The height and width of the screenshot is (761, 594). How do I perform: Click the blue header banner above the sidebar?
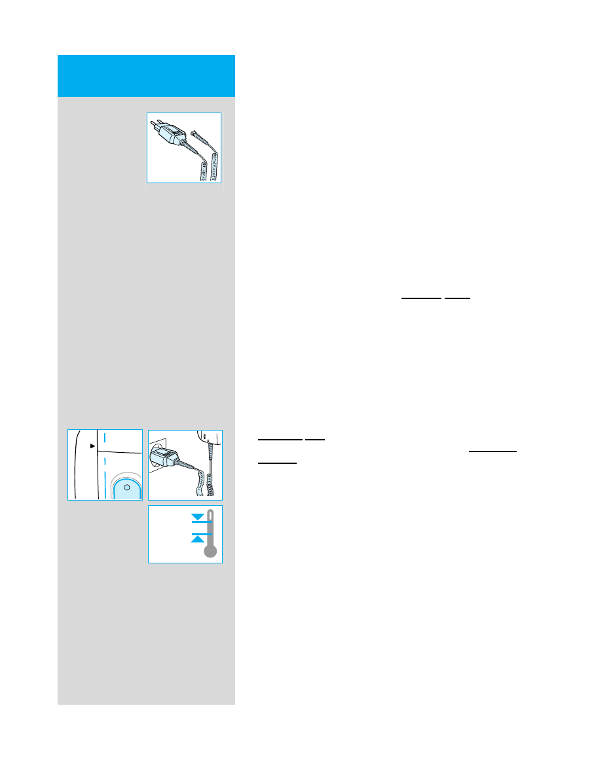(x=146, y=75)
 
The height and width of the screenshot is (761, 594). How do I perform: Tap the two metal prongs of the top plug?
(x=157, y=124)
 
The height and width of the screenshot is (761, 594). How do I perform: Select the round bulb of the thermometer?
(x=210, y=552)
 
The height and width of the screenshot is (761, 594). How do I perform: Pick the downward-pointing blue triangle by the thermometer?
(x=196, y=518)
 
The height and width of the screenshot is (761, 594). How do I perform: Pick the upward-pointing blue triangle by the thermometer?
(x=196, y=538)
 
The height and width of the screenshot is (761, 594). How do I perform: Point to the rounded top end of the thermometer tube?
(x=210, y=512)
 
